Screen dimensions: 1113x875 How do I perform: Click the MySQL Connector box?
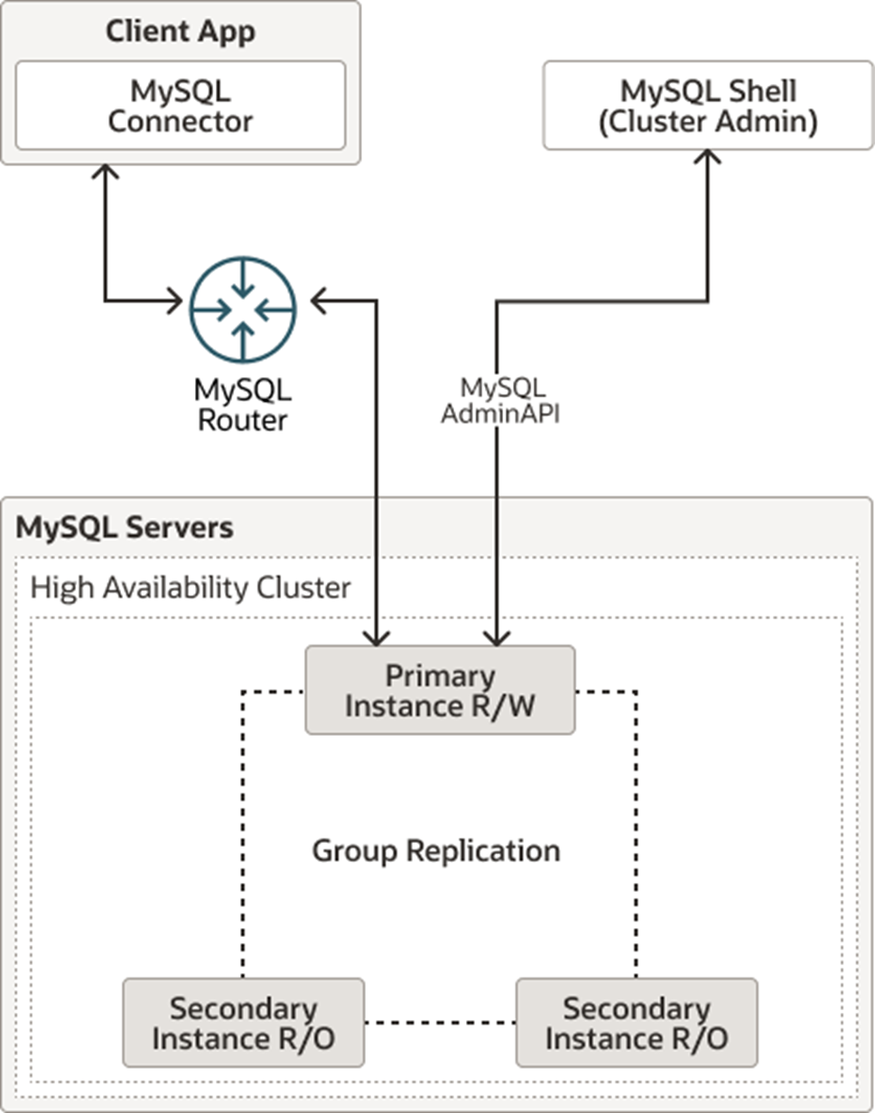(181, 106)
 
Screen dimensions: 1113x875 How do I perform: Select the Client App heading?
(181, 32)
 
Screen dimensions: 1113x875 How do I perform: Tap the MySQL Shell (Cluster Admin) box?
(708, 106)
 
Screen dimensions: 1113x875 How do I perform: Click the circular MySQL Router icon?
(242, 310)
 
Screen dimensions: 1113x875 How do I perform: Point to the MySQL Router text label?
(242, 405)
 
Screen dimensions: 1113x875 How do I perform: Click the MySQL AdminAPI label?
(501, 401)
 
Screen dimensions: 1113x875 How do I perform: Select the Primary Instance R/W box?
(440, 691)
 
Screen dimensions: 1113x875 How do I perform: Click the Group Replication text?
(436, 850)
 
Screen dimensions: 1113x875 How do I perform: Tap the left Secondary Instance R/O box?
(243, 1023)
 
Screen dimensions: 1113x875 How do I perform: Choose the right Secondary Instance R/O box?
(637, 1023)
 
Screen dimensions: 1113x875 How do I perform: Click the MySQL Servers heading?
(125, 528)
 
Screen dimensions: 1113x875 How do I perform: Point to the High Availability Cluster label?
(191, 588)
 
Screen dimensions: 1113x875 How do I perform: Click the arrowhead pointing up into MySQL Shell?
(708, 157)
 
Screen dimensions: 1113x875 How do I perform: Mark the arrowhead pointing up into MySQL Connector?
(106, 172)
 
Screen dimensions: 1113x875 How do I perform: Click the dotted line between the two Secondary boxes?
(440, 1023)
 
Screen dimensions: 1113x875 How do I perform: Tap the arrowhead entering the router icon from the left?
(175, 301)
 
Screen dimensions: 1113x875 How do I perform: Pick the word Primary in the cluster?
(440, 676)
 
